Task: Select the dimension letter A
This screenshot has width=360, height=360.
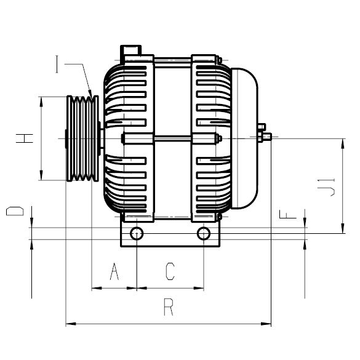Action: pos(114,271)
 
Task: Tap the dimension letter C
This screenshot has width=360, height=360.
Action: pos(170,271)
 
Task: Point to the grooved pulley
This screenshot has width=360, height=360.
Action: pos(81,138)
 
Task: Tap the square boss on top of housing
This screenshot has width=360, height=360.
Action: pos(131,49)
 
